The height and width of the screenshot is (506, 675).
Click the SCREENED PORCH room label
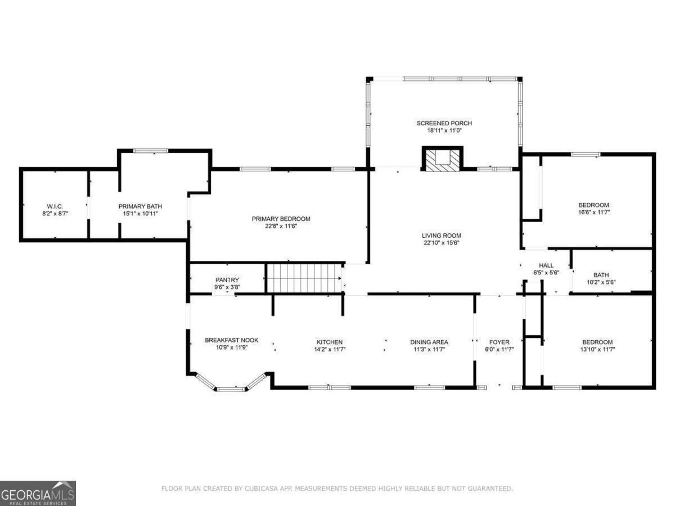click(444, 123)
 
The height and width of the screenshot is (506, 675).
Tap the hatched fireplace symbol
click(443, 159)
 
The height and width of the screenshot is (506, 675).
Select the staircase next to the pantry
click(304, 278)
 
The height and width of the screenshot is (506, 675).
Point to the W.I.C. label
click(55, 206)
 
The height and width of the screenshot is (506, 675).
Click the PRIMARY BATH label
click(140, 206)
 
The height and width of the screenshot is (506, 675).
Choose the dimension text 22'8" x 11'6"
click(281, 227)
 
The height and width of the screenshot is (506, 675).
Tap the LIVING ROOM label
click(442, 236)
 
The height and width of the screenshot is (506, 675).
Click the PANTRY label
click(227, 280)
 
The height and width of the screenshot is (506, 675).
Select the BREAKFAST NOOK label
click(232, 340)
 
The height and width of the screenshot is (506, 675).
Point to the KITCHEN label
click(330, 342)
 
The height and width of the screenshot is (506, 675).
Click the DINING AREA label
click(429, 342)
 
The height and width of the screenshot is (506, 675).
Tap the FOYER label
click(499, 342)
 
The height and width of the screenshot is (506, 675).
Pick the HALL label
click(546, 265)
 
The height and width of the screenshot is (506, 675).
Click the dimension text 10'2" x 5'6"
click(601, 282)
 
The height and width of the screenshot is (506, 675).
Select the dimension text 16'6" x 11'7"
click(594, 213)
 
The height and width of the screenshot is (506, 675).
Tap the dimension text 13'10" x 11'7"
click(597, 349)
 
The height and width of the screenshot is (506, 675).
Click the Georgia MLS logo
click(38, 493)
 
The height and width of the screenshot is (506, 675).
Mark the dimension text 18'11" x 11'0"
click(444, 130)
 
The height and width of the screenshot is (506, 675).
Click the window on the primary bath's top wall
click(151, 151)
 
